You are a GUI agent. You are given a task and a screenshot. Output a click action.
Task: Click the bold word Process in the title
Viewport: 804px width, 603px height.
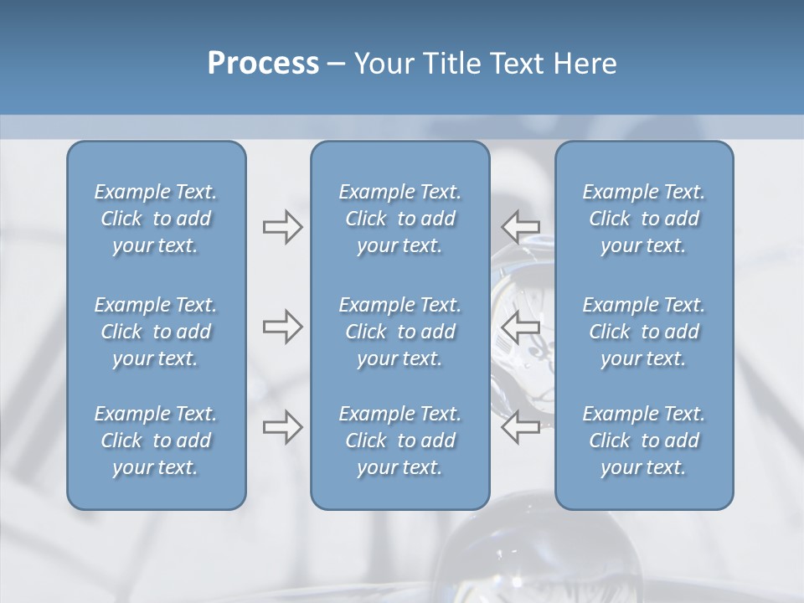pyautogui.click(x=263, y=64)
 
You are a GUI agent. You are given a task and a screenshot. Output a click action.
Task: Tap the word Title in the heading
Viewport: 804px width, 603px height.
pyautogui.click(x=453, y=64)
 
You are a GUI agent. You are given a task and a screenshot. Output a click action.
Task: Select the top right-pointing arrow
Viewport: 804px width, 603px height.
pyautogui.click(x=282, y=227)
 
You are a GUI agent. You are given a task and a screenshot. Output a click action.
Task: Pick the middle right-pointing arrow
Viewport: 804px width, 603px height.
pyautogui.click(x=282, y=327)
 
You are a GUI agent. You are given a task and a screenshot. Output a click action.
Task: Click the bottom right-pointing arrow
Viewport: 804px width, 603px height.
pyautogui.click(x=282, y=427)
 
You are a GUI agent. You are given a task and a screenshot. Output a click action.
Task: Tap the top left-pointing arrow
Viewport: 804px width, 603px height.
pyautogui.click(x=521, y=226)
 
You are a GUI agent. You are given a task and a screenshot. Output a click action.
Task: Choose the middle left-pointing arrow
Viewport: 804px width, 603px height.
pyautogui.click(x=521, y=327)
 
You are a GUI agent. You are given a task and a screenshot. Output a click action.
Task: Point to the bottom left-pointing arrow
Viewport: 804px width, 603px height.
pyautogui.click(x=521, y=426)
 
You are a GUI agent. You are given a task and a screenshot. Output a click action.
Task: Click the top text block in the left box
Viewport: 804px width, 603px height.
pyautogui.click(x=156, y=219)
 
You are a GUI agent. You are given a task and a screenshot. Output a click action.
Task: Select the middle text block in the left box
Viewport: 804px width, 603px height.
pyautogui.click(x=156, y=332)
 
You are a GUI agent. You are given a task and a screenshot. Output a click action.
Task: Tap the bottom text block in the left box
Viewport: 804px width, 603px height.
pyautogui.click(x=156, y=441)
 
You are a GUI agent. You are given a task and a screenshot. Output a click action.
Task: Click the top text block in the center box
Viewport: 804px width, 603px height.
pyautogui.click(x=400, y=219)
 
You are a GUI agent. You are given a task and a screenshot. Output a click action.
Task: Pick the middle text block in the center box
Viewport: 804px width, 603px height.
pyautogui.click(x=400, y=332)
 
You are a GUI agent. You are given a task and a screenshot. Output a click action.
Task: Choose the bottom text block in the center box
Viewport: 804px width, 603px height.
pyautogui.click(x=400, y=441)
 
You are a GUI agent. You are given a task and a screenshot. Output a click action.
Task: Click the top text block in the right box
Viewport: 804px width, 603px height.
pyautogui.click(x=644, y=219)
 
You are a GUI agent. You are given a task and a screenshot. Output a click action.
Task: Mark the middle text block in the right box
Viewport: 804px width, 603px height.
pyautogui.click(x=644, y=332)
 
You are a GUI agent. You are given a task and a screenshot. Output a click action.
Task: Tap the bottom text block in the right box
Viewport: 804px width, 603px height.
pyautogui.click(x=644, y=441)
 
